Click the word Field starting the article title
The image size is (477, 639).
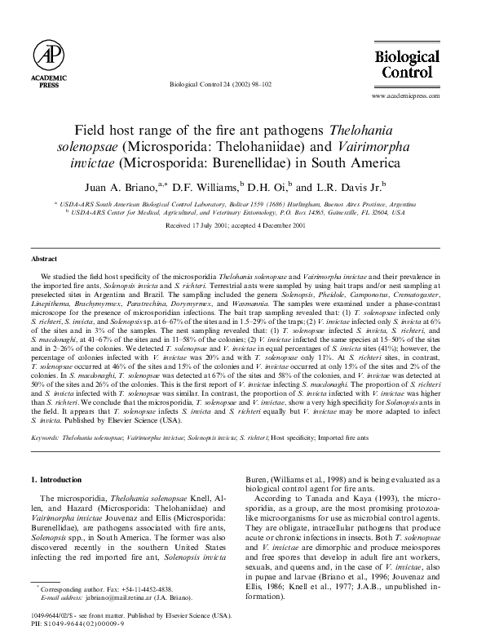91,131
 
